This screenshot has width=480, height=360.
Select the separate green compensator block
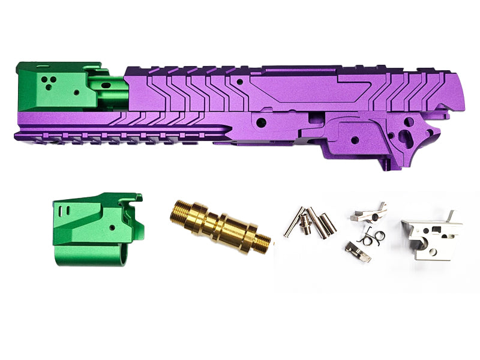pyautogui.click(x=96, y=228)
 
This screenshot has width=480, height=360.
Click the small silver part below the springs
pyautogui.click(x=358, y=251)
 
